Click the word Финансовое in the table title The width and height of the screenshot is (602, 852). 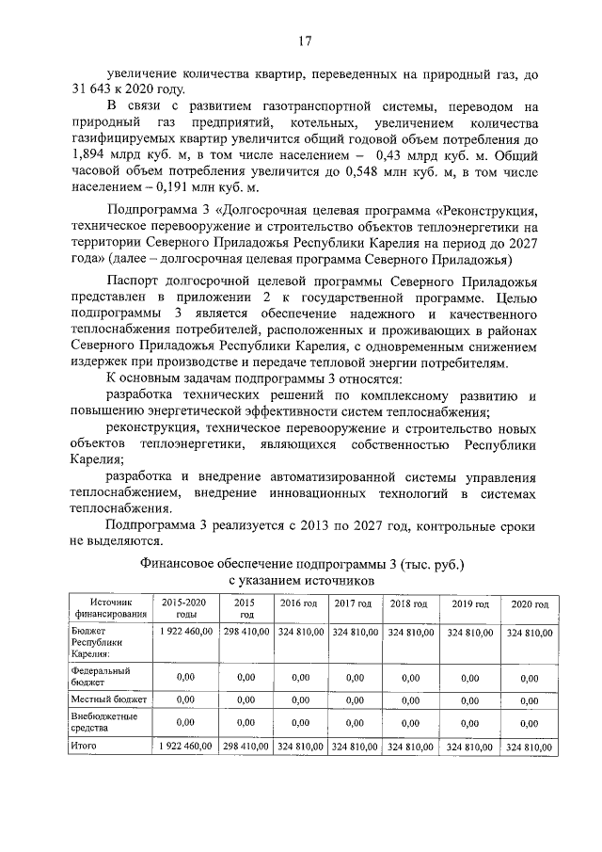pos(180,564)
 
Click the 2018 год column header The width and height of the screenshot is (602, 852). pos(410,603)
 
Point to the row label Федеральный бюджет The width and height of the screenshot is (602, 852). pos(101,676)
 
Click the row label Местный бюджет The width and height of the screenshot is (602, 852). pos(109,701)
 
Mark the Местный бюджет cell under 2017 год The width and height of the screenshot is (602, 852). pos(354,701)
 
